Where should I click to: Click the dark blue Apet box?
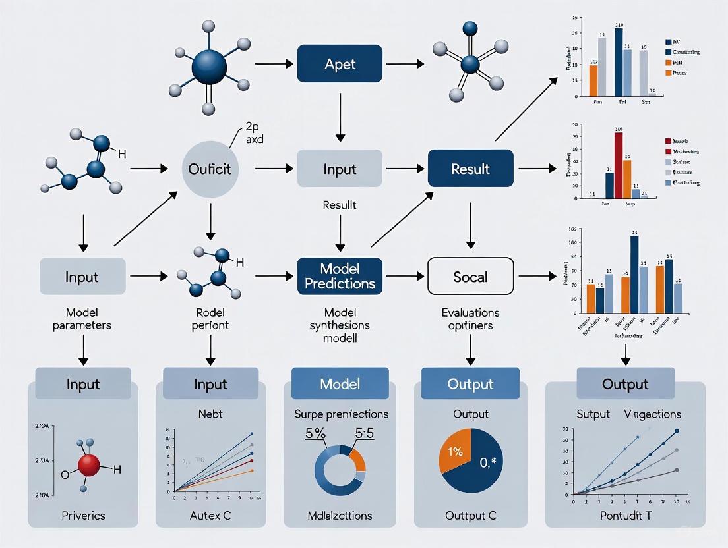[340, 64]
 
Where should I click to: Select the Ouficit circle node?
[210, 169]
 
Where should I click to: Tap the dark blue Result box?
[470, 169]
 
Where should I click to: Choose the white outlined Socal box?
[470, 276]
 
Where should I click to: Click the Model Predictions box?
[340, 276]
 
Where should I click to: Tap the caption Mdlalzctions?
[340, 515]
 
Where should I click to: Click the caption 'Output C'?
[470, 515]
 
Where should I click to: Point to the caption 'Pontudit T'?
[625, 515]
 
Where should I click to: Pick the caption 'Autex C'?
[210, 515]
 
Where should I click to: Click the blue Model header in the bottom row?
[340, 384]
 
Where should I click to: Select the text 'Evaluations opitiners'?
[470, 319]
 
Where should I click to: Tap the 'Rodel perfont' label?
[210, 319]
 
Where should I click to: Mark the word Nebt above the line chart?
[210, 414]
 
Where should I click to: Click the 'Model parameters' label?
[82, 319]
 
